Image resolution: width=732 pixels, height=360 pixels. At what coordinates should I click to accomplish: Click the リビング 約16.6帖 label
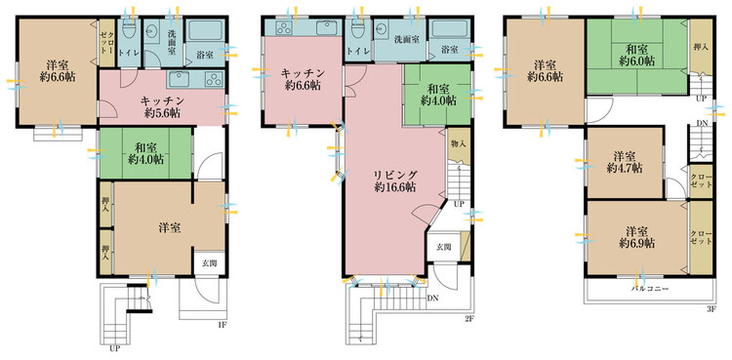395,180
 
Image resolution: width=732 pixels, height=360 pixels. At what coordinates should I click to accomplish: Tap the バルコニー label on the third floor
650,289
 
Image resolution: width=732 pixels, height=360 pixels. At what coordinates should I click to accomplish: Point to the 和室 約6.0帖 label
636,55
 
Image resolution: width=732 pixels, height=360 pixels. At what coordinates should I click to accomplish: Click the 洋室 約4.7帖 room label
625,162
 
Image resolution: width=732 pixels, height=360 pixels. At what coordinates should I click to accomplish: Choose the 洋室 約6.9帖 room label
636,237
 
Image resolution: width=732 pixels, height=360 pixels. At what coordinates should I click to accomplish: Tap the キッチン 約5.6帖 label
162,106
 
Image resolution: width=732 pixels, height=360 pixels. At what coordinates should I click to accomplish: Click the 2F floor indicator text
468,319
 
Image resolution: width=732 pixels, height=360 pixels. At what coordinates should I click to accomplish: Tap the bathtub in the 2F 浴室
450,29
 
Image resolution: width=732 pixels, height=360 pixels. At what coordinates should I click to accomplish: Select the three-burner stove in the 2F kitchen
283,28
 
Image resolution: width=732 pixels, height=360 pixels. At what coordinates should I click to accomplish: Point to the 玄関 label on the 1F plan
209,262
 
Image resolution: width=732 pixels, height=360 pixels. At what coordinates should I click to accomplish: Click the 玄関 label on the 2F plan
444,247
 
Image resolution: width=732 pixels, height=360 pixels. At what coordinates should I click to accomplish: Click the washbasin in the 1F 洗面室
151,31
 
